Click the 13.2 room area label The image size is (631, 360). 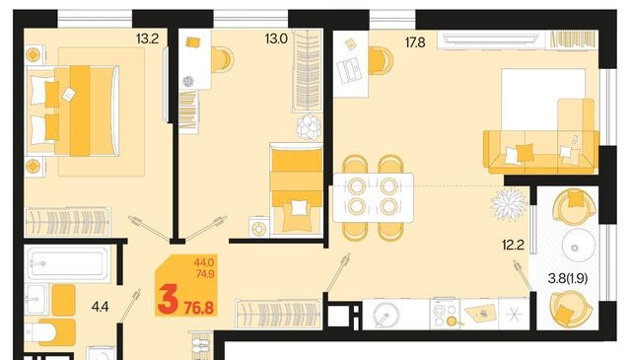[147, 39]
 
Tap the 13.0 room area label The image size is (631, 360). [276, 39]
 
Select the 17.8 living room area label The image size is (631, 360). [415, 42]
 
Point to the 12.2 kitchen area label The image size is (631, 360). [513, 245]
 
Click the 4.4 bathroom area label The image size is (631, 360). [101, 307]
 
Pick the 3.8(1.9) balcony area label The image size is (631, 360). [568, 278]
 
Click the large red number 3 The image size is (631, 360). [168, 299]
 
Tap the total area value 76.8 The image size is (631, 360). [199, 308]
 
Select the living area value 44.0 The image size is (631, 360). [204, 263]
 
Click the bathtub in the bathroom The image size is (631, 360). [68, 263]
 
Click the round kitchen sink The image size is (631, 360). [386, 315]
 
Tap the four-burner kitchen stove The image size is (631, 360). [445, 314]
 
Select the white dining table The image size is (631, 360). [374, 197]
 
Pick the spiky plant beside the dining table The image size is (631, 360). [509, 204]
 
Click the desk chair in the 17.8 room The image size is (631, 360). [381, 61]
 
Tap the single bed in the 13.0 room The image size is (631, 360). [297, 188]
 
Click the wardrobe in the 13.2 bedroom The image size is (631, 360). [68, 222]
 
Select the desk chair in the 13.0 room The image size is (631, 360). [222, 60]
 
